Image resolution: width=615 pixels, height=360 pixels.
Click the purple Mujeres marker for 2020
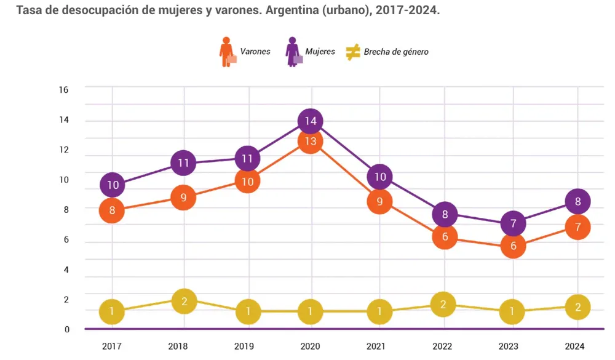[x=311, y=121]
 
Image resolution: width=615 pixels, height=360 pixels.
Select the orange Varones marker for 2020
[x=311, y=142]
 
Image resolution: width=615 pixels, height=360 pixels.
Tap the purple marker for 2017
[x=113, y=185]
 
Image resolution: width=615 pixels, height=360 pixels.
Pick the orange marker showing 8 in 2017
[x=113, y=210]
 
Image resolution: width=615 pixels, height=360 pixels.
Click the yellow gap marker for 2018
[x=183, y=301]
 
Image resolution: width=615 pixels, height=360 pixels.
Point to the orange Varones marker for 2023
[x=513, y=246]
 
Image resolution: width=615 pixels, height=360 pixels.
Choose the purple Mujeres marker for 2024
[x=577, y=201]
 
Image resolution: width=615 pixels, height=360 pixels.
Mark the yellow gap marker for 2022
[x=443, y=304]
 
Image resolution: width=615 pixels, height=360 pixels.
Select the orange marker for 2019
[x=247, y=182]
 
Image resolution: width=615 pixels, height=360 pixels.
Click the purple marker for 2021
[x=380, y=177]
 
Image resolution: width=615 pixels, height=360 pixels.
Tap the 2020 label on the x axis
[x=311, y=346]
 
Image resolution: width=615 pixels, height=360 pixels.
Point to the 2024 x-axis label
[x=574, y=346]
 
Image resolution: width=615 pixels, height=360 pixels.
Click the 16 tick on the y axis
[x=63, y=90]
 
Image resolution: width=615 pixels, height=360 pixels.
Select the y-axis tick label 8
[x=65, y=209]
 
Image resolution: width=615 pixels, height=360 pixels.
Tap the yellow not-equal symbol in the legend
[x=353, y=52]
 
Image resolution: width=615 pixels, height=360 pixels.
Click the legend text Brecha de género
[x=396, y=52]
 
